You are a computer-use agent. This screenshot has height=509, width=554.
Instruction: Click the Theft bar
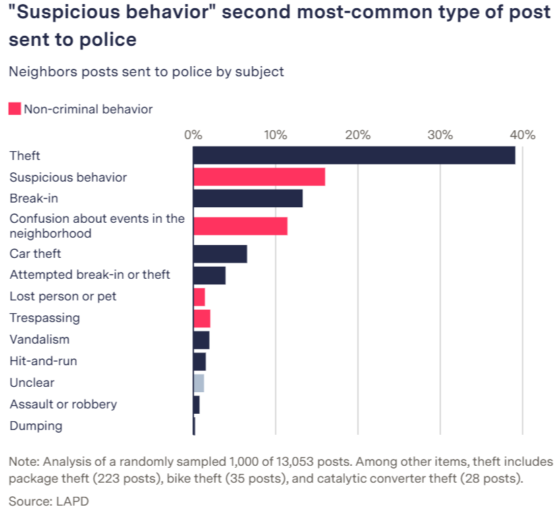coord(354,155)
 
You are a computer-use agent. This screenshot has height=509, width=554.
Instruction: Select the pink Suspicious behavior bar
coord(259,177)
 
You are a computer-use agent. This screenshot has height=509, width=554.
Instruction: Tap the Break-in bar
coord(248,198)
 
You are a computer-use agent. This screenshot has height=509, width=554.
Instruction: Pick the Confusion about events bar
coord(240,226)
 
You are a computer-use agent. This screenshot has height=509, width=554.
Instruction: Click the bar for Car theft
coord(220,254)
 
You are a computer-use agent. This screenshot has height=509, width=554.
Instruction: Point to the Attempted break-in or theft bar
coord(209,275)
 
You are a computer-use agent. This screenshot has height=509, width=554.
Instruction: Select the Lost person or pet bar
coord(199,297)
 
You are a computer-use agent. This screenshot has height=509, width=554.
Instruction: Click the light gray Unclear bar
coord(198,383)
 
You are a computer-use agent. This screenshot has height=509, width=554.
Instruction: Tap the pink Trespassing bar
coord(202,319)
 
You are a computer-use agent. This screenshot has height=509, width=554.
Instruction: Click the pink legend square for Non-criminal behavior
coord(15,109)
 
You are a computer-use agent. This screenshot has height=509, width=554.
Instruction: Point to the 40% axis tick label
coord(522,134)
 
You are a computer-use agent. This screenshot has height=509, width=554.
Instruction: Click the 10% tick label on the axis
coord(275,134)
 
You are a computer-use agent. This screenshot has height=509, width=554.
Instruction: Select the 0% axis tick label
coord(194,134)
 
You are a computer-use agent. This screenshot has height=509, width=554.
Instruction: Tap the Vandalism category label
coord(39,340)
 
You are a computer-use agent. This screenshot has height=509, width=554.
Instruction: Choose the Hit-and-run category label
coord(43,361)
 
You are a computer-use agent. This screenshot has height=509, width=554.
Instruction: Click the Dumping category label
coord(36,426)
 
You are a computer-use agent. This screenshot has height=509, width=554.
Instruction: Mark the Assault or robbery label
coord(63,404)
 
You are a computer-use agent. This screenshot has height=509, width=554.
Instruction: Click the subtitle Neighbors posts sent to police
coord(146,72)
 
